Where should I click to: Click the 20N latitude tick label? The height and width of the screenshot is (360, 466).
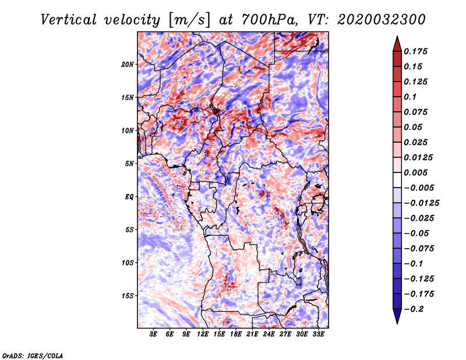(128, 65)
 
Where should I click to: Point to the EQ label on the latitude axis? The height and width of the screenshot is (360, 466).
(129, 197)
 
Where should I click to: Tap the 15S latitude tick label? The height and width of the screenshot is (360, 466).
(128, 296)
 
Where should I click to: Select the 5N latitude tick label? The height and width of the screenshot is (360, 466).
(129, 164)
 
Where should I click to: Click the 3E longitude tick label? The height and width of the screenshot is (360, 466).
(153, 334)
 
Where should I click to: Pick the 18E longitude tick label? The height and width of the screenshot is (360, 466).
(236, 334)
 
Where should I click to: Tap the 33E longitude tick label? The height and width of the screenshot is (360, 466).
(318, 334)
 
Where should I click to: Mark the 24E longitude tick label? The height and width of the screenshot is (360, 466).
(269, 334)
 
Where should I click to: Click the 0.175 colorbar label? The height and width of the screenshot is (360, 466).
(415, 51)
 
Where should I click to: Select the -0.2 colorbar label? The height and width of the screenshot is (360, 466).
(414, 309)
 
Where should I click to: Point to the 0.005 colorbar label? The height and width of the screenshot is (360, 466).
(415, 172)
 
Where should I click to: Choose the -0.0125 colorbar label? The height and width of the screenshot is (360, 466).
(421, 203)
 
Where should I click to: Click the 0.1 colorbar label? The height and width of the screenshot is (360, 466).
(410, 97)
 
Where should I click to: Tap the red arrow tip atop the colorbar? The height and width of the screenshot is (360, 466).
(397, 37)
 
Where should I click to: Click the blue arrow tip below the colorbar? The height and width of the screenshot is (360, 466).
(397, 323)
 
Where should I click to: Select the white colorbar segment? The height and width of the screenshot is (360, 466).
(397, 180)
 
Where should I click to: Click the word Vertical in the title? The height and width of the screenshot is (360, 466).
(69, 20)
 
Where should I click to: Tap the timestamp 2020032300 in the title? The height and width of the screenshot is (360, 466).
(382, 20)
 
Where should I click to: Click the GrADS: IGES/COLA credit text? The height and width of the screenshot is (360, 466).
(33, 355)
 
